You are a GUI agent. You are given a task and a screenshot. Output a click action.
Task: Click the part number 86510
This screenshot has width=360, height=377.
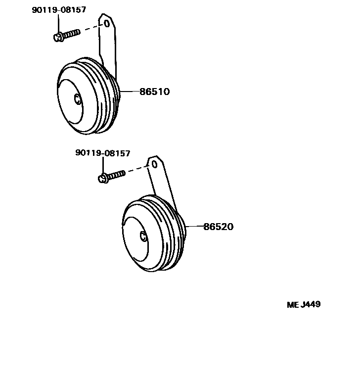pos(154,92)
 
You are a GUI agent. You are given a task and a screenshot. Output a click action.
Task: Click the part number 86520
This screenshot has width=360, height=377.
pos(218,227)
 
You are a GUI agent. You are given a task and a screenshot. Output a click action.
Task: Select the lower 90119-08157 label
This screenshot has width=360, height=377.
pos(103,153)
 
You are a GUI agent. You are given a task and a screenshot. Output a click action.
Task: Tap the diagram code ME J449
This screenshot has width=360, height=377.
pos(304,304)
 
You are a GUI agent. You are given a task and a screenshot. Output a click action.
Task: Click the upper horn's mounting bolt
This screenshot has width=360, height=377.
pos(66,35)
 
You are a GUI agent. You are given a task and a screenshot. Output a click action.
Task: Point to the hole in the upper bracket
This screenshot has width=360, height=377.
pos(105,23)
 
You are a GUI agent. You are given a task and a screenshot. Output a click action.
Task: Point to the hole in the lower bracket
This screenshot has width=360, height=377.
pos(154,164)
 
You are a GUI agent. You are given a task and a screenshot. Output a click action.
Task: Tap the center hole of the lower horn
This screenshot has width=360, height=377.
pos(142,237)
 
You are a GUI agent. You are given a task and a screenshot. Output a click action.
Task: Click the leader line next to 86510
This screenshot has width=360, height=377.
pos(129,92)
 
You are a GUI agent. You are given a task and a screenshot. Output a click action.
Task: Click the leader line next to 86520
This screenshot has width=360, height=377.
pos(194,227)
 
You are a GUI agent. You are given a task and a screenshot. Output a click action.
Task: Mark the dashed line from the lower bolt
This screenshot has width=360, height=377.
pos(137,169)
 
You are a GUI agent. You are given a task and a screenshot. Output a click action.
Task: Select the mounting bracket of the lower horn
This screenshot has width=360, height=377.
pos(161,183)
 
